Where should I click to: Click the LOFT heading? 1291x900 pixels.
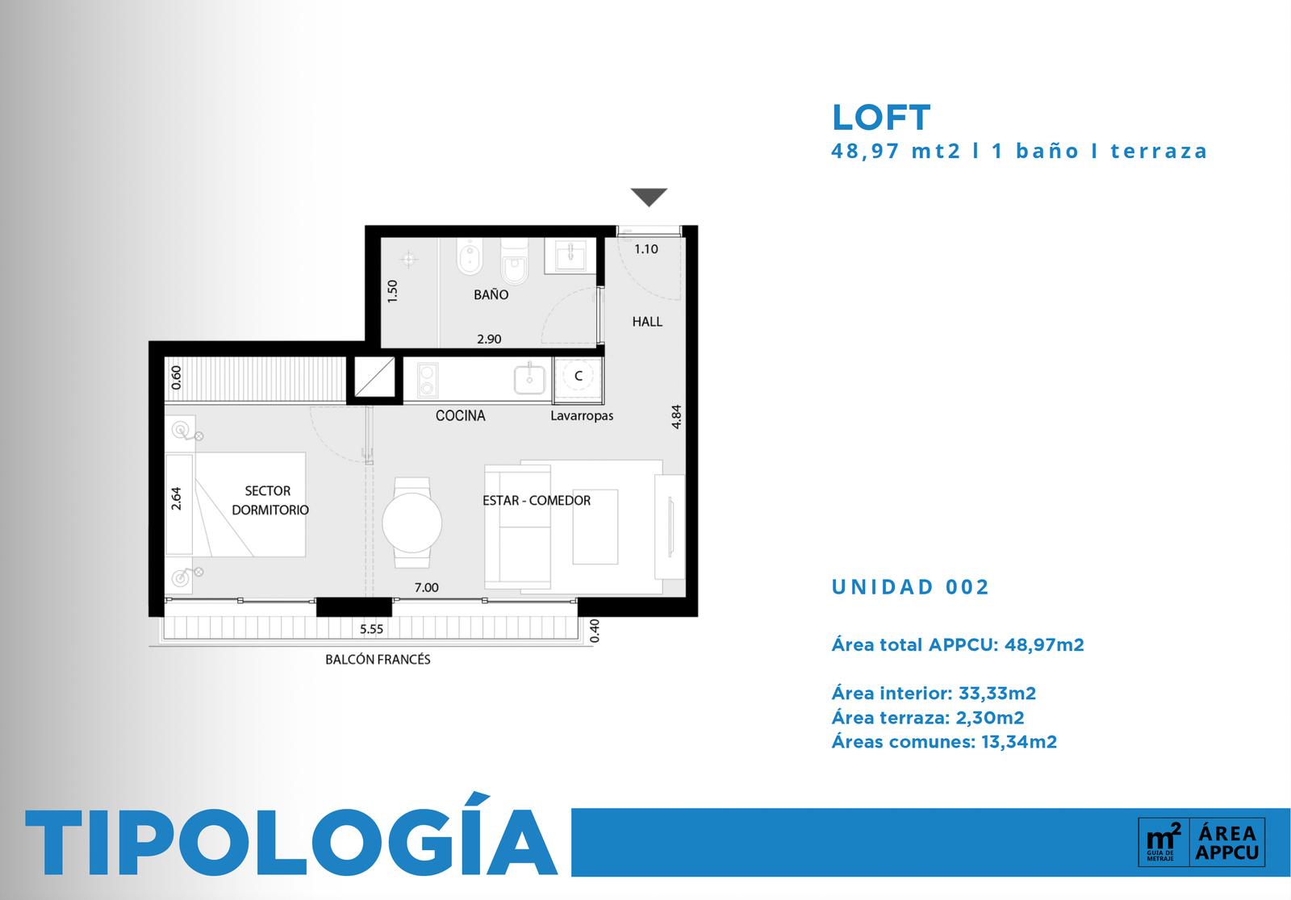880,118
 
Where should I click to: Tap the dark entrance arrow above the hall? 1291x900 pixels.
649,197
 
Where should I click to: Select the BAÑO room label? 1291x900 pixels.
491,294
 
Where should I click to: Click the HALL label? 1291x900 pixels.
647,322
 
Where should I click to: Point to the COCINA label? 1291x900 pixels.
461,415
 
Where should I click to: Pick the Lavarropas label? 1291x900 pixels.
582,415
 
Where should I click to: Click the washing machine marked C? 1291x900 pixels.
578,378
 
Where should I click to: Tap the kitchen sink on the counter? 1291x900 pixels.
529,379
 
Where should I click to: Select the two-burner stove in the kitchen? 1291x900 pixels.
427,379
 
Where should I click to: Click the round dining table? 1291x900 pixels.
412,523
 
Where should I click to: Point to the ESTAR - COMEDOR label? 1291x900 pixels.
537,500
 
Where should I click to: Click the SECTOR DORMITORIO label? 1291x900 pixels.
269,500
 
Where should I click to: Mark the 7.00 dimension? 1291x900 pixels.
427,587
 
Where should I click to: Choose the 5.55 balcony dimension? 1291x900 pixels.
372,628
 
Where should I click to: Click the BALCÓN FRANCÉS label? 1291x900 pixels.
378,659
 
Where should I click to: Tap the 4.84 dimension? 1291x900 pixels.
677,417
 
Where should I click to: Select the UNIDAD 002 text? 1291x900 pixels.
910,587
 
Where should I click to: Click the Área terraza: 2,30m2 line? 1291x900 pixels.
928,718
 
